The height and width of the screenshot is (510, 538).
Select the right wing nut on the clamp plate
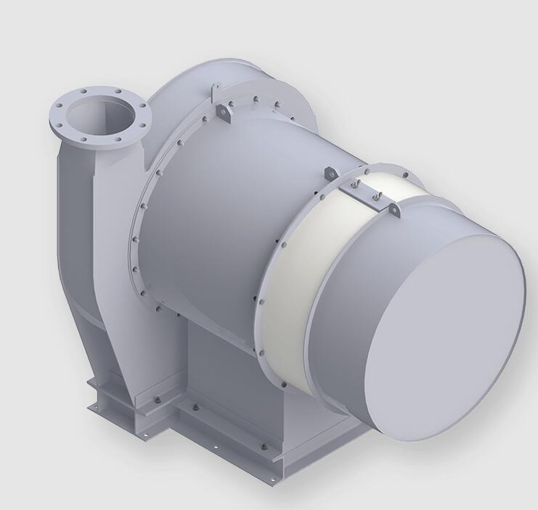(376, 195)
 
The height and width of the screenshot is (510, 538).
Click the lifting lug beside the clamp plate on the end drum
(395, 209)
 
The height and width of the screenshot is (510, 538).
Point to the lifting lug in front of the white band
(327, 172)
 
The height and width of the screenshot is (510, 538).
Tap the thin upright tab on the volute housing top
(212, 92)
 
